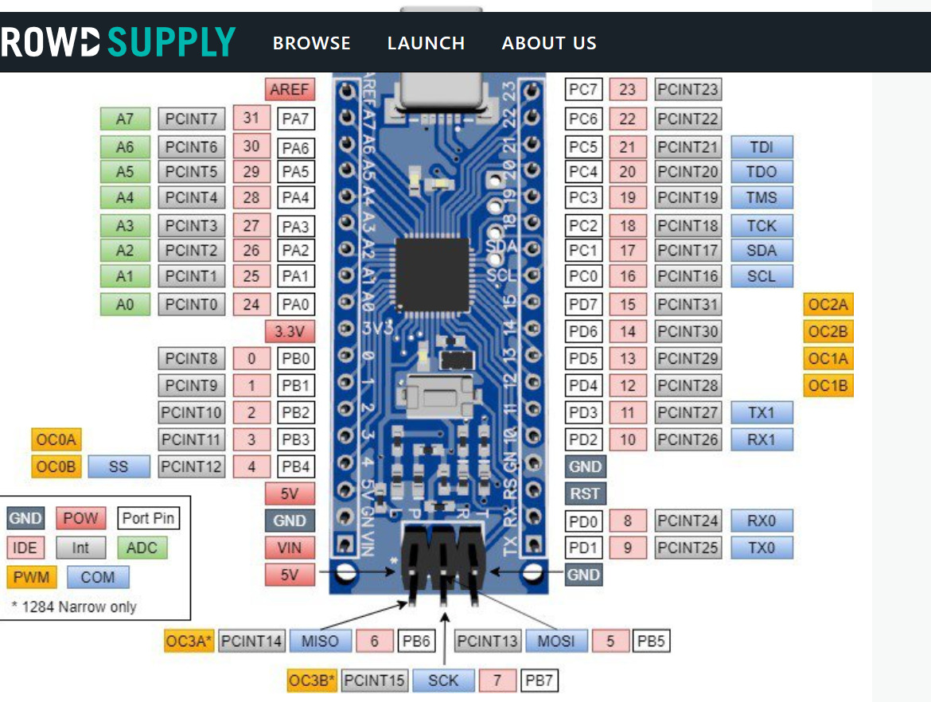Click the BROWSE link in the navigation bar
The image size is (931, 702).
[x=311, y=43]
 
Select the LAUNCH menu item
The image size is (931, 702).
[x=426, y=43]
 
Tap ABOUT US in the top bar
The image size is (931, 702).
[x=549, y=43]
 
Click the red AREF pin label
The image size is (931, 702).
[x=289, y=89]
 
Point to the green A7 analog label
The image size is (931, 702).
[x=125, y=119]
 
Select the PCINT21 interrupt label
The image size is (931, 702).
[x=688, y=147]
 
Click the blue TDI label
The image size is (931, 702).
[x=762, y=147]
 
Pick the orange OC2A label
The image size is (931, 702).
[x=828, y=305]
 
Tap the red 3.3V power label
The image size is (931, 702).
[x=290, y=331]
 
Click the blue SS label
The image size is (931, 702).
[x=119, y=466]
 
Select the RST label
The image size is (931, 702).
[x=585, y=493]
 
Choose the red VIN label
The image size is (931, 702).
[x=290, y=548]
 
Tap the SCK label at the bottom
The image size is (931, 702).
[x=443, y=681]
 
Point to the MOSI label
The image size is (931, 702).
[x=555, y=641]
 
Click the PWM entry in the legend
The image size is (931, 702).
[x=31, y=577]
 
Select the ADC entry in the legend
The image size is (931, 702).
[x=142, y=548]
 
